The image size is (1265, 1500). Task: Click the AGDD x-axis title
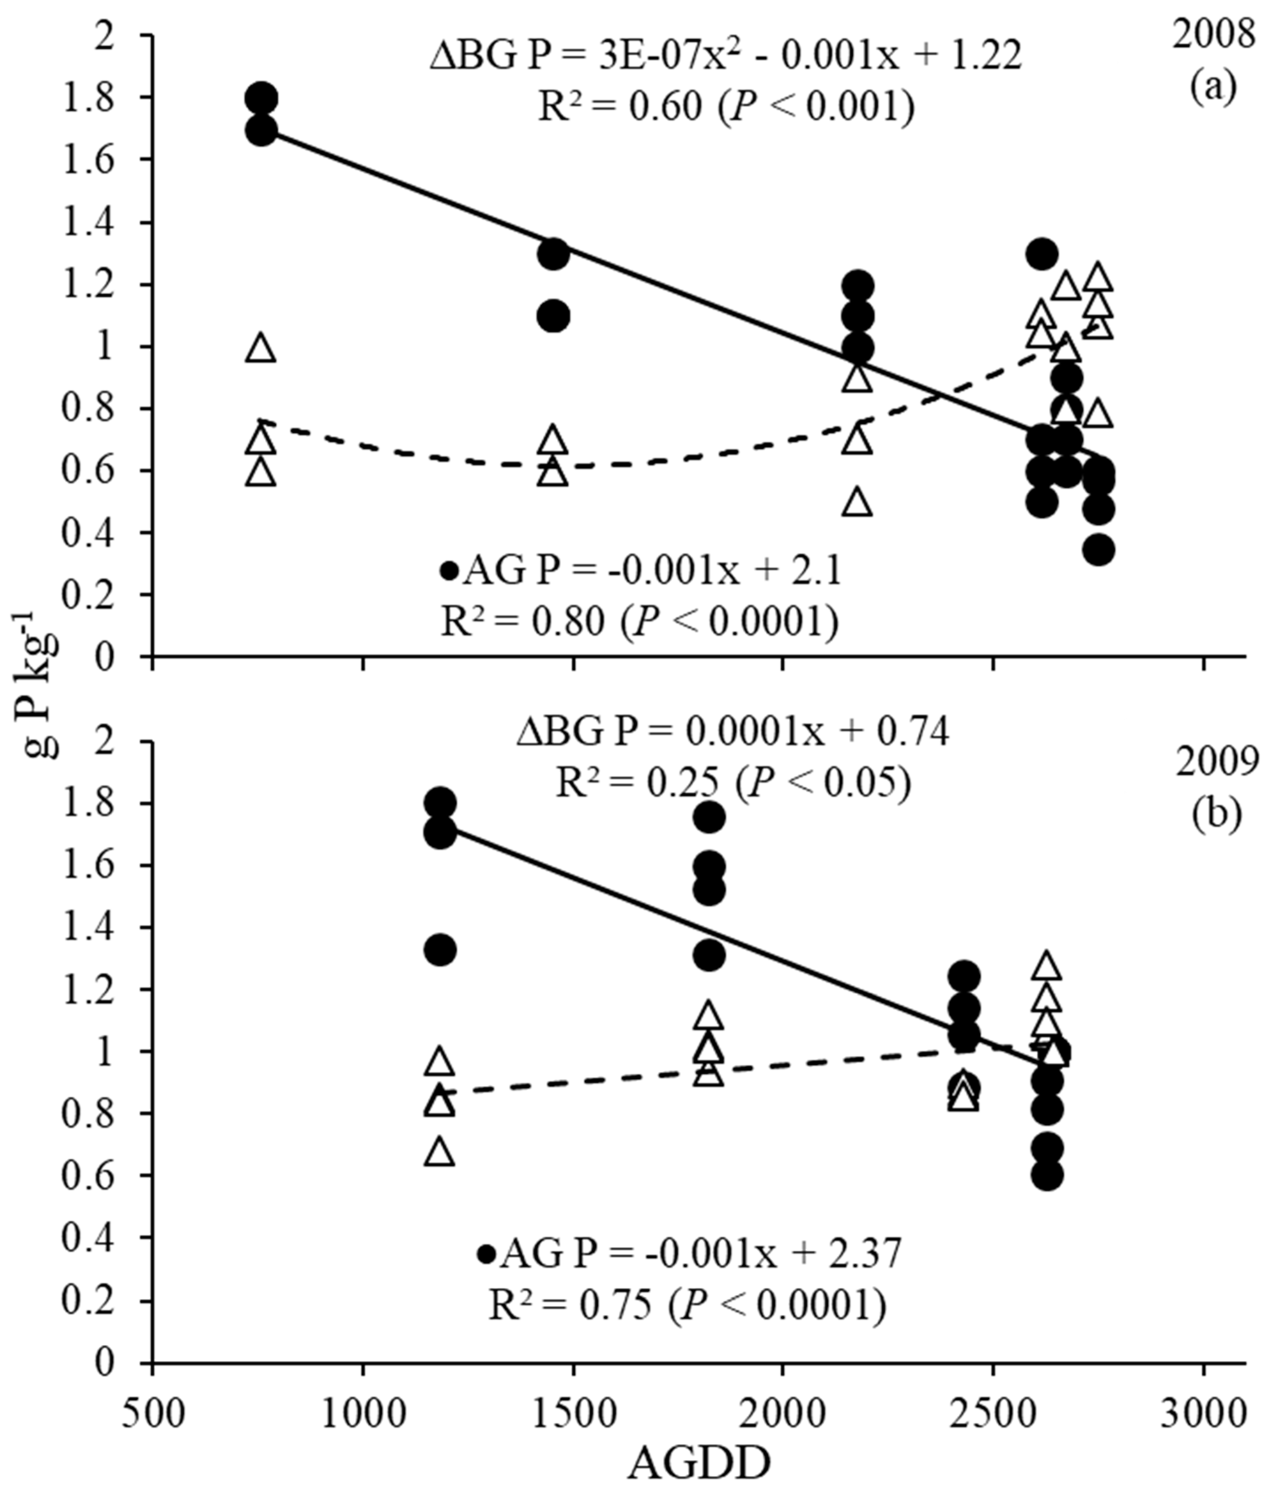pyautogui.click(x=699, y=1465)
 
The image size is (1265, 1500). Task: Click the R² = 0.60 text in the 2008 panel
pyautogui.click(x=726, y=108)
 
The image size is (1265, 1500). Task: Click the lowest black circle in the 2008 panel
pyautogui.click(x=1098, y=550)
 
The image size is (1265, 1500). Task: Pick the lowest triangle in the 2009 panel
pyautogui.click(x=440, y=1151)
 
